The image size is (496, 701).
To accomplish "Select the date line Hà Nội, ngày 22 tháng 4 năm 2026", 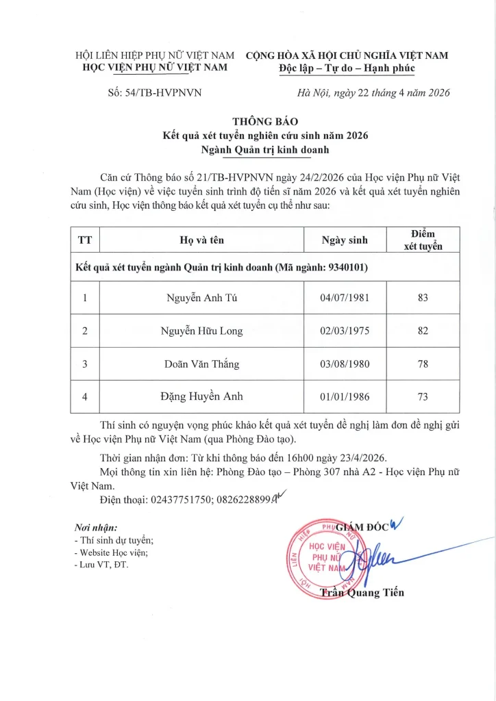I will click(x=373, y=93).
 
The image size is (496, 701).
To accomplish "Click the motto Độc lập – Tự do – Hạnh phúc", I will click(x=347, y=68).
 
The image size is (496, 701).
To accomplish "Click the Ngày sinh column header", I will click(x=345, y=240).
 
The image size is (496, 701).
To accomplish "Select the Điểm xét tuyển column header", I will click(x=423, y=240).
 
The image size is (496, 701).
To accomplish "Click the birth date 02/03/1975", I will click(x=345, y=331).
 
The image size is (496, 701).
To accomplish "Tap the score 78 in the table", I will click(x=423, y=364).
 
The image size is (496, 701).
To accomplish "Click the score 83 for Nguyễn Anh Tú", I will click(x=423, y=298).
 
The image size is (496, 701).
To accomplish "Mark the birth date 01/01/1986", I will click(x=345, y=396).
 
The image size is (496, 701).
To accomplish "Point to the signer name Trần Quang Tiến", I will click(x=362, y=593).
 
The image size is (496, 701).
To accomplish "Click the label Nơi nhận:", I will click(x=95, y=527).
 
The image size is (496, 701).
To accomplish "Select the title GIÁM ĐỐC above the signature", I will click(x=362, y=526).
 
